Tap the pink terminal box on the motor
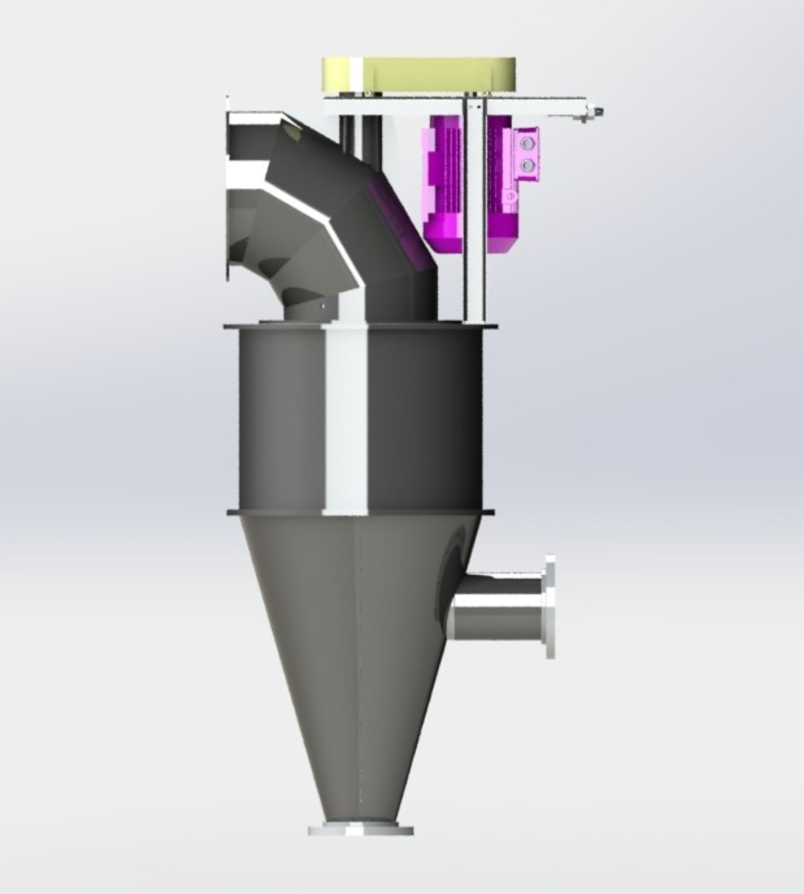pyautogui.click(x=526, y=155)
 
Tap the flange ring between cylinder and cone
pyautogui.click(x=360, y=512)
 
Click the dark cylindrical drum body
pyautogui.click(x=424, y=419)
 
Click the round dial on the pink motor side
pyautogui.click(x=512, y=195)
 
